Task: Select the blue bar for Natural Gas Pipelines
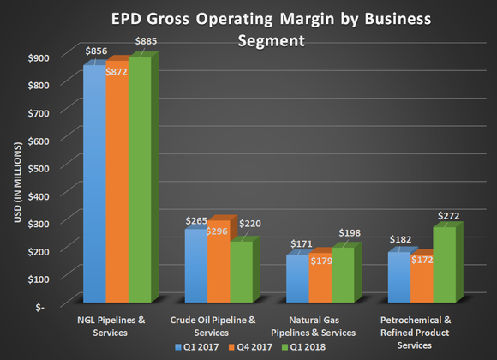(x=299, y=279)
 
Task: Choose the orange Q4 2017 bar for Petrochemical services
(x=422, y=279)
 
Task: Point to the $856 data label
(x=97, y=52)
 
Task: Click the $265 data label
(x=197, y=221)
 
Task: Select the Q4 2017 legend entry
(x=253, y=346)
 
